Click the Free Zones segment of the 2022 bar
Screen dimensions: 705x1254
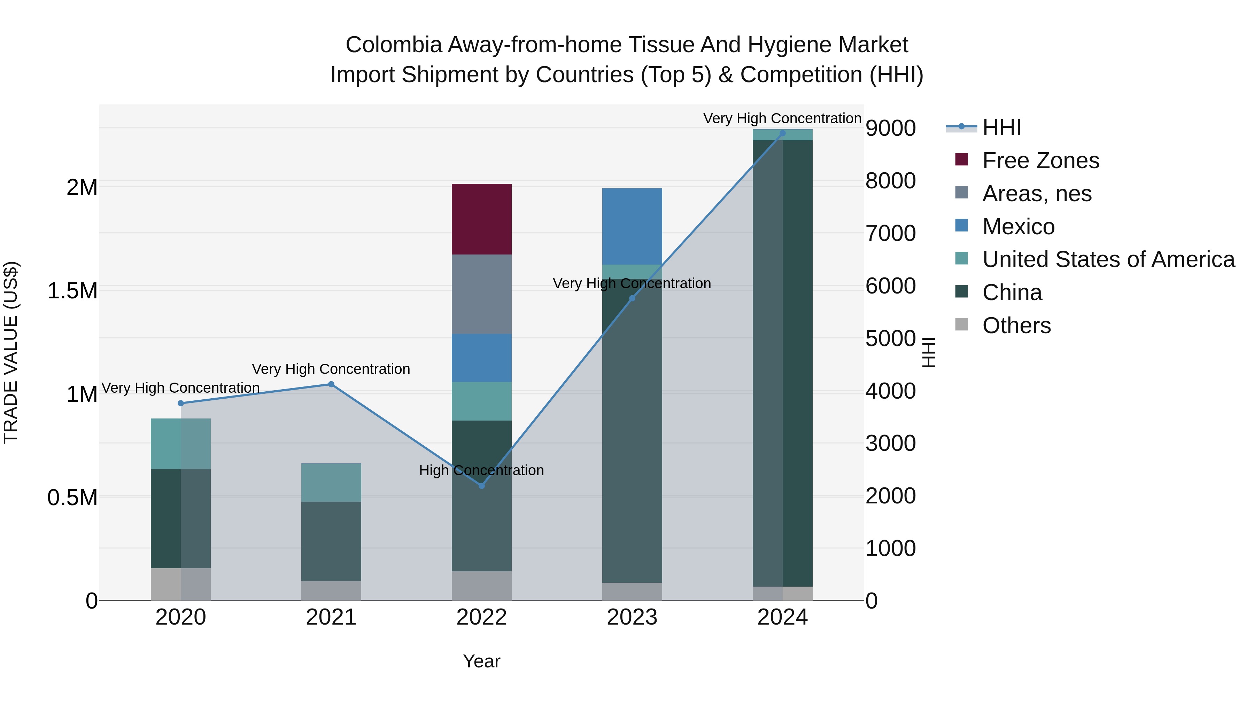[481, 219]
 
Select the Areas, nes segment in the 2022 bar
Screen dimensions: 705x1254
[481, 294]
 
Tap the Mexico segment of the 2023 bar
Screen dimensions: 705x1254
[632, 226]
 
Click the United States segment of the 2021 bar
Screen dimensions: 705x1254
[331, 482]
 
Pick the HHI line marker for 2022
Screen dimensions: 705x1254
[481, 486]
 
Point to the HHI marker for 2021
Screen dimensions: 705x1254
[331, 384]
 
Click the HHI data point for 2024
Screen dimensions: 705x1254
[782, 133]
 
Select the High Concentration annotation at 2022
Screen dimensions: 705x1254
[481, 470]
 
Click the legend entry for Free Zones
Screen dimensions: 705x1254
[1040, 160]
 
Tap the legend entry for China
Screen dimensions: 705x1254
[1012, 292]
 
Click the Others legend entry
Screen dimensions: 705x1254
[1016, 326]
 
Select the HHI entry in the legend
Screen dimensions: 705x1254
[1001, 127]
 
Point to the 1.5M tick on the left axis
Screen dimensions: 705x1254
[72, 291]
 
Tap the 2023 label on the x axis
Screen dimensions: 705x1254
[632, 617]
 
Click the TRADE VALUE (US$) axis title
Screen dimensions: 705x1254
[11, 352]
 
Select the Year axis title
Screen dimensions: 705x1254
[481, 661]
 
